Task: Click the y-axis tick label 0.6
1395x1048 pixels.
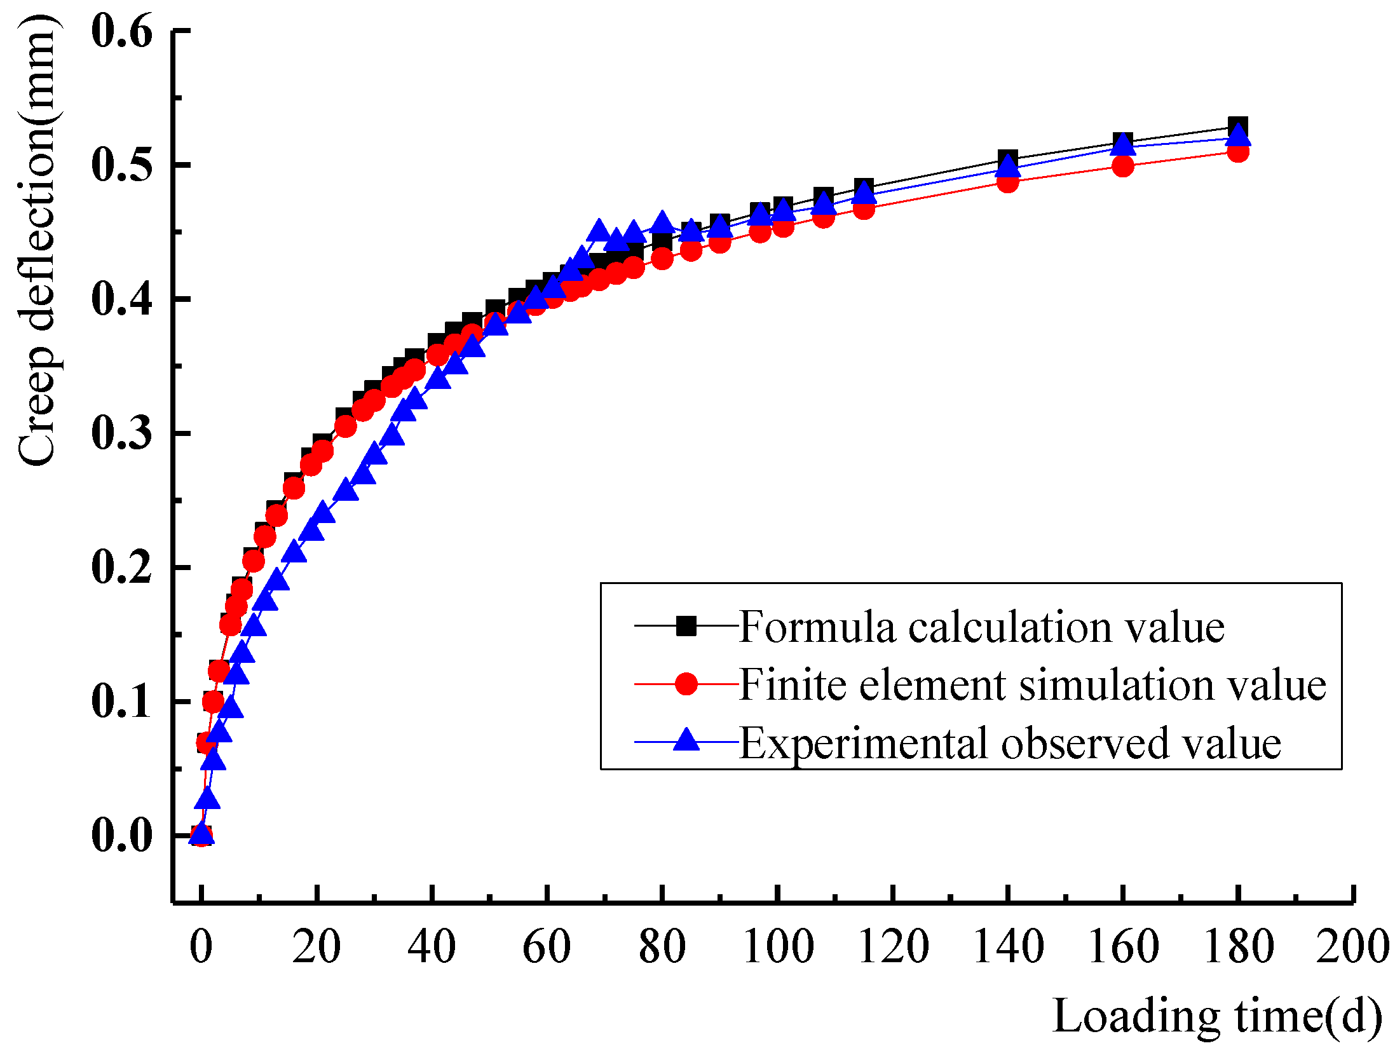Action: point(122,32)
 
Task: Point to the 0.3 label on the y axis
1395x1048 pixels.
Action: point(122,433)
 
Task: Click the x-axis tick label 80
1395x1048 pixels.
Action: point(662,947)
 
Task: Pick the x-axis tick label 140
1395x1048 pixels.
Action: point(1008,947)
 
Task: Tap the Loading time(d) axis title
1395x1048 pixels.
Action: point(1217,1016)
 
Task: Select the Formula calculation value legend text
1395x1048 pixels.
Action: point(982,628)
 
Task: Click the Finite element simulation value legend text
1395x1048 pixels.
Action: point(1033,685)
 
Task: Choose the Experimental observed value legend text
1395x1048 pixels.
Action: point(1011,742)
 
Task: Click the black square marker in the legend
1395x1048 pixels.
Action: point(686,627)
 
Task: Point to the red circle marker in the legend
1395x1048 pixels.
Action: point(686,684)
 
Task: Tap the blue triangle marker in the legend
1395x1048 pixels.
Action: point(686,740)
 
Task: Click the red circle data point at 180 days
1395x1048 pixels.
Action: point(1238,151)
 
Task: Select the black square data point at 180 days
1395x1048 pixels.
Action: point(1238,126)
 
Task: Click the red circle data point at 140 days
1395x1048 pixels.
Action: point(1008,182)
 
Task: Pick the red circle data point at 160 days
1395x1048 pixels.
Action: point(1123,167)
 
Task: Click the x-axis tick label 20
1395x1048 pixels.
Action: point(316,947)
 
